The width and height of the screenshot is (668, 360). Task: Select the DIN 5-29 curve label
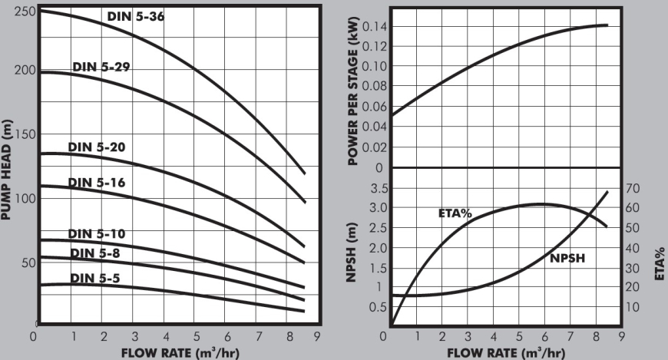pos(101,68)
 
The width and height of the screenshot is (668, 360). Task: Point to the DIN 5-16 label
pos(96,183)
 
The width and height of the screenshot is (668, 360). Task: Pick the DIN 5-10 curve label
pos(96,234)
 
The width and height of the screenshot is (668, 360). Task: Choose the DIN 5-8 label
pos(94,253)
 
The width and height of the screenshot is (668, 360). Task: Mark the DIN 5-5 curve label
pos(96,277)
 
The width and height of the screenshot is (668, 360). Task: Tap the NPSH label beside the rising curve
pos(568,259)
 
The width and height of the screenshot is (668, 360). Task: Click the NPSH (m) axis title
pos(352,250)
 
